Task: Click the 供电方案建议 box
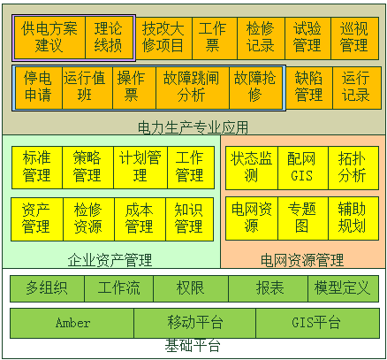pos(49,37)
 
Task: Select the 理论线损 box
pos(109,37)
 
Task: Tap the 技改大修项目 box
pos(163,38)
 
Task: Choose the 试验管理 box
pos(307,38)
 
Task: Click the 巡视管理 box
pos(354,38)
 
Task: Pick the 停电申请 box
pos(39,88)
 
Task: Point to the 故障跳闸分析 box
pos(193,88)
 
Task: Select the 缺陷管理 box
pos(309,88)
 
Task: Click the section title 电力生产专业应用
pos(193,127)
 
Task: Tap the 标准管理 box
pos(37,167)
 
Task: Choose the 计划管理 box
pos(140,167)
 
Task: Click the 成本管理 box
pos(140,219)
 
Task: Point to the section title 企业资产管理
pos(110,260)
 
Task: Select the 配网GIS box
pos(303,168)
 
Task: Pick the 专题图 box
pos(303,218)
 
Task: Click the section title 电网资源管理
pos(302,260)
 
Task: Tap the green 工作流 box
pos(119,288)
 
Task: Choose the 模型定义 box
pos(344,288)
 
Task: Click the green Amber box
pos(72,323)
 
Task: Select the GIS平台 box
pos(318,323)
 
